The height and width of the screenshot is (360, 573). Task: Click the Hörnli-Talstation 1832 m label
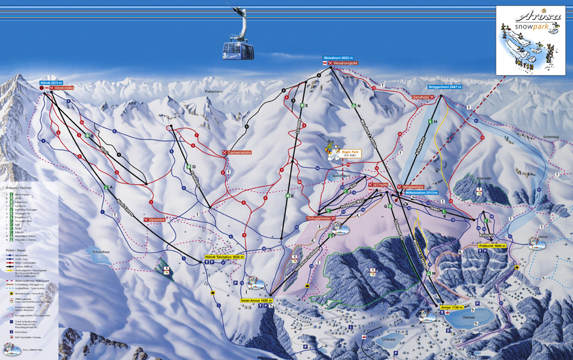224,256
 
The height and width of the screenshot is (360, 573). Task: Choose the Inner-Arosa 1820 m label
257,301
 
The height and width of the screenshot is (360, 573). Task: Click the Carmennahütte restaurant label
240,152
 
